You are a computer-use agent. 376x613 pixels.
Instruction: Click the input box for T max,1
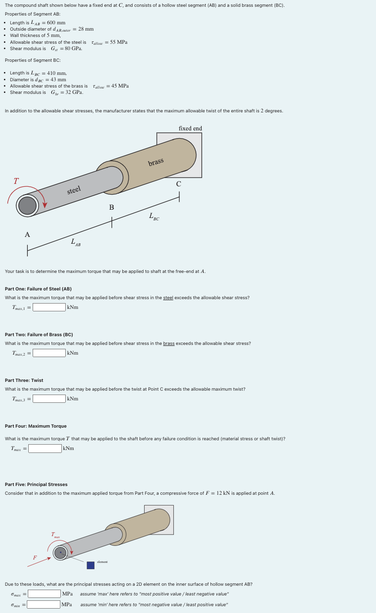tap(49, 307)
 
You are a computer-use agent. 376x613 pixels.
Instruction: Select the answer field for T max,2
tap(49, 353)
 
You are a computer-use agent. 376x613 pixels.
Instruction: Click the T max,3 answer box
tap(49, 398)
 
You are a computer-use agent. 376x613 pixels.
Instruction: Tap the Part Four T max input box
tap(45, 448)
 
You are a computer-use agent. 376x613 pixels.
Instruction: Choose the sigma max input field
tap(44, 594)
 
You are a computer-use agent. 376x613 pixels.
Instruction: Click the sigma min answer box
tap(44, 604)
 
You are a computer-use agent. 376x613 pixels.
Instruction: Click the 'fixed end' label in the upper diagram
tap(190, 128)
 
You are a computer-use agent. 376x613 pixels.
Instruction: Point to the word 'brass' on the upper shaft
tap(156, 162)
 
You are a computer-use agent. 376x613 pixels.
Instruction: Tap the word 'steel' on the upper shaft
tap(74, 190)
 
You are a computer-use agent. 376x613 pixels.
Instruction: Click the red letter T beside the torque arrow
tap(16, 181)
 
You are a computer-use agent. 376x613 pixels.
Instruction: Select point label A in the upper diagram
tap(27, 234)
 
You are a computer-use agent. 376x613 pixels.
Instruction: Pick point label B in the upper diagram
tap(112, 208)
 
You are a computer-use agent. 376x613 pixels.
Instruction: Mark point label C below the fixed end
tap(179, 184)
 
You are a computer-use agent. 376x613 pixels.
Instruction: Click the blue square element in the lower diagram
tap(91, 565)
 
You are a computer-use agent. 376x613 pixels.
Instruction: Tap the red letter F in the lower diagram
tap(35, 558)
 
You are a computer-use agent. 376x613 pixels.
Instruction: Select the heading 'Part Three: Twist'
tap(24, 380)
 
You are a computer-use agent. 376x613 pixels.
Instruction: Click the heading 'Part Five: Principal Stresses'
tap(36, 485)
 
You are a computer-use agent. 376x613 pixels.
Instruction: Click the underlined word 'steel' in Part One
tap(168, 298)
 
